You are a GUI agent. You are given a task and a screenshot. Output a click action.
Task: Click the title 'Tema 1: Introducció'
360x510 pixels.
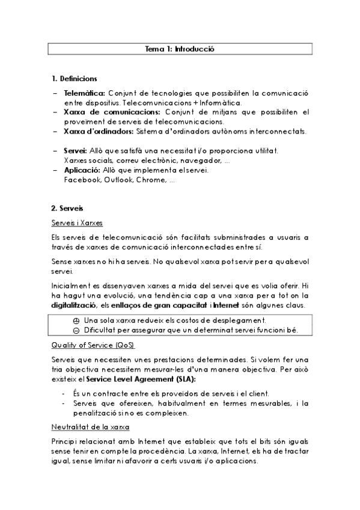(180, 48)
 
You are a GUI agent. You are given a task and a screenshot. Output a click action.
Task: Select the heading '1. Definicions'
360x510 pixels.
(75, 79)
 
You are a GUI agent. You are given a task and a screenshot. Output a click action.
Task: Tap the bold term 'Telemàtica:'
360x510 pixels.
(84, 93)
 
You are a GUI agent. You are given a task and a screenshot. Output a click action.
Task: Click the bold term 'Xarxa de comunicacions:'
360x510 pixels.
(103, 112)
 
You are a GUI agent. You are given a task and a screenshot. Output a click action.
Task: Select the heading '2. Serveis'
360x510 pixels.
(67, 209)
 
